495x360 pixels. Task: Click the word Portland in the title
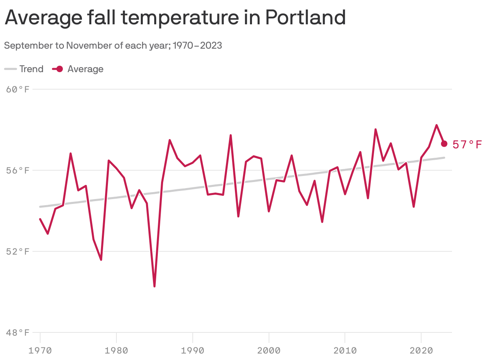tap(306, 17)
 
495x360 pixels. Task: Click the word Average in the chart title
tap(40, 17)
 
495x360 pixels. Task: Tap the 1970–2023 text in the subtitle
tap(198, 45)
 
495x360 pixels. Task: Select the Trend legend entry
tap(24, 69)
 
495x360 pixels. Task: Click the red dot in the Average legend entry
tap(59, 69)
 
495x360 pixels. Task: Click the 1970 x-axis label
tap(40, 350)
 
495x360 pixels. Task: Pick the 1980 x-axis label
tap(116, 350)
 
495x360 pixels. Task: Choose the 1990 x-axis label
tap(192, 350)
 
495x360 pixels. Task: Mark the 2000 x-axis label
tap(269, 350)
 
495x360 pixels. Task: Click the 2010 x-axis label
tap(345, 350)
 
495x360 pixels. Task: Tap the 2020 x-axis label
tap(421, 350)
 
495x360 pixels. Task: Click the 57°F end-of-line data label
tap(467, 144)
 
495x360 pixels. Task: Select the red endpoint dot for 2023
tap(444, 144)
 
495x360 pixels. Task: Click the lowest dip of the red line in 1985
tap(155, 286)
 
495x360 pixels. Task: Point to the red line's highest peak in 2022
tap(437, 125)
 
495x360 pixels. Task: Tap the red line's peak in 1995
tap(230, 135)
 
